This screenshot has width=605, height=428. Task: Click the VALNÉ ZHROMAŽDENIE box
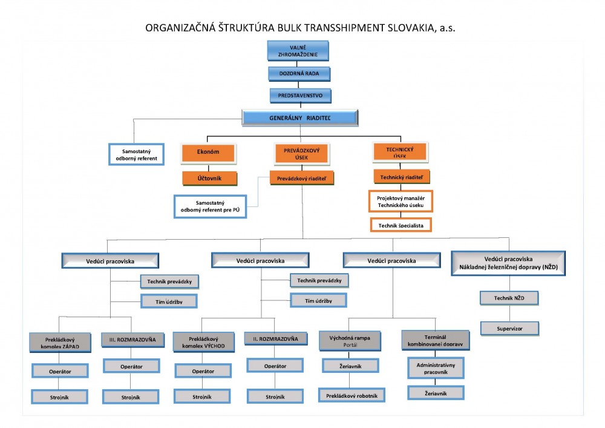coord(298,51)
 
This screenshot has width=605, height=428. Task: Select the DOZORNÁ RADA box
coord(299,73)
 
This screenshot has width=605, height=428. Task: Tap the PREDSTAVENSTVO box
coord(300,95)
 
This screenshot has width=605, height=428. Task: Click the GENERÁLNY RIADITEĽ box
coord(300,117)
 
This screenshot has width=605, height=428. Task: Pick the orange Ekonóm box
coord(208,153)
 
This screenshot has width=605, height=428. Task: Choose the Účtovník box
coord(209,179)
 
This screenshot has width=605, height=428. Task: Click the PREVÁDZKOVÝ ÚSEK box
coord(302,154)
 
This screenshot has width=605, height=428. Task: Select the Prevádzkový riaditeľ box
coord(302,179)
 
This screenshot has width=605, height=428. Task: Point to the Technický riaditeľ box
coord(401,177)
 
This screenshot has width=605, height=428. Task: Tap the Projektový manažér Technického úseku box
coord(401,202)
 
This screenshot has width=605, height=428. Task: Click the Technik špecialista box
coord(401,225)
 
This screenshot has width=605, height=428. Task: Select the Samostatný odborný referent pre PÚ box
coord(210,206)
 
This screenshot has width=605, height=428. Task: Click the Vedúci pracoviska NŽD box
coord(508,263)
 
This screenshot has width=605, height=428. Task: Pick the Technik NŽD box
coord(509,298)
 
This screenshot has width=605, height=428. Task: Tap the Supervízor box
coord(509,329)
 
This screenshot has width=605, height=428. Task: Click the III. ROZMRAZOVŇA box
coord(132,340)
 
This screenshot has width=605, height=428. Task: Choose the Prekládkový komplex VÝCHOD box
coord(203,342)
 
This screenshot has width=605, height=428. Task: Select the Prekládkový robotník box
coord(352,395)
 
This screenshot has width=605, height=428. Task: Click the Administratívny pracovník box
coord(436,368)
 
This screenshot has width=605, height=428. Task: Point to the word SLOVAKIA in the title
coord(412,28)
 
